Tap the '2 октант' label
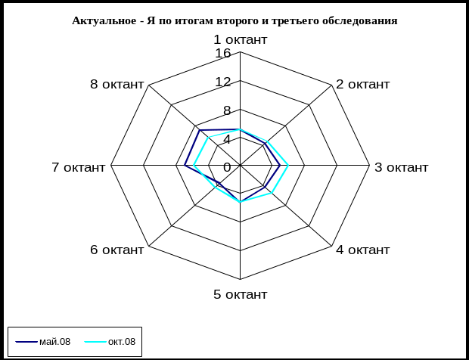363,84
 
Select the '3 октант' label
402,167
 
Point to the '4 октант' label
363,250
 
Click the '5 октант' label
240,294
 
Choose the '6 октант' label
116,250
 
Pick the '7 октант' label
79,167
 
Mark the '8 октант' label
116,84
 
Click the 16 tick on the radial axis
222,54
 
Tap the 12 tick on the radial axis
222,82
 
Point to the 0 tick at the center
227,166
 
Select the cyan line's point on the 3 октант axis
289,165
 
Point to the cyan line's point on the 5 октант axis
241,202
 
